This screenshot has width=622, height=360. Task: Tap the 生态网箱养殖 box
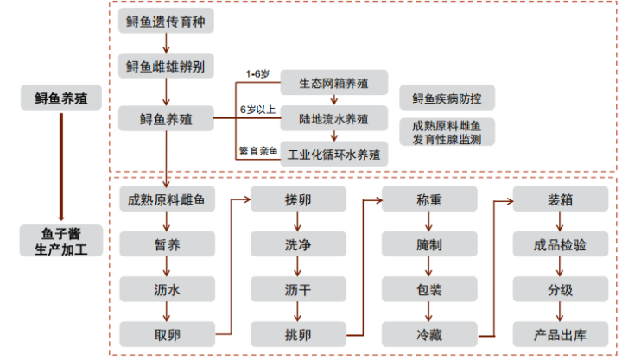point(333,84)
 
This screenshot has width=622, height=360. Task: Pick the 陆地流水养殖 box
point(333,119)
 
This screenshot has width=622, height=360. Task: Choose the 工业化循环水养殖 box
point(333,155)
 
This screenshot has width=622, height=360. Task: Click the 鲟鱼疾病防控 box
point(447,98)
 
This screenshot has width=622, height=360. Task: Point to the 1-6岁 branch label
point(257,73)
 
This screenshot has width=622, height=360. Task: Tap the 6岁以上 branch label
point(257,110)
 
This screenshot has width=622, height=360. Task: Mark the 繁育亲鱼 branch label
point(258,151)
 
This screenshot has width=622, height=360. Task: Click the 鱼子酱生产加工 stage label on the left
point(60,242)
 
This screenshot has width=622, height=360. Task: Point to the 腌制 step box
point(428,245)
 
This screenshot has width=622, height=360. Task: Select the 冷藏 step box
point(428,333)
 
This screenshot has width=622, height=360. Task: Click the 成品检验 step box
point(560,245)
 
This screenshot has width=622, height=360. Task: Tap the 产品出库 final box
point(560,333)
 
